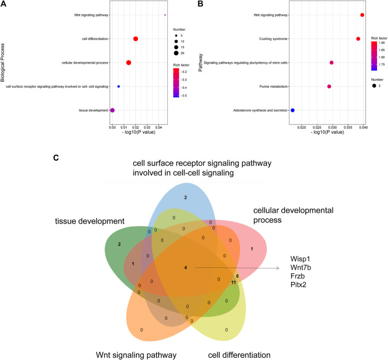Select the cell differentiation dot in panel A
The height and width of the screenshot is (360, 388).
point(135,38)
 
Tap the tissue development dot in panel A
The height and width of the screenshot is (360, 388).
point(112,110)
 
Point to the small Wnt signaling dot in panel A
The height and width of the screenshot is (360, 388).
point(165,15)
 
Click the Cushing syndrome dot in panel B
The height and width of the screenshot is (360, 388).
point(358,39)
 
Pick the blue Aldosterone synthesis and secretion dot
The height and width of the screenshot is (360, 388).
point(293,110)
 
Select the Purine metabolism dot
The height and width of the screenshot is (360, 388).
point(329,87)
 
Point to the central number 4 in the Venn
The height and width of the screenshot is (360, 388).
point(186,267)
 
